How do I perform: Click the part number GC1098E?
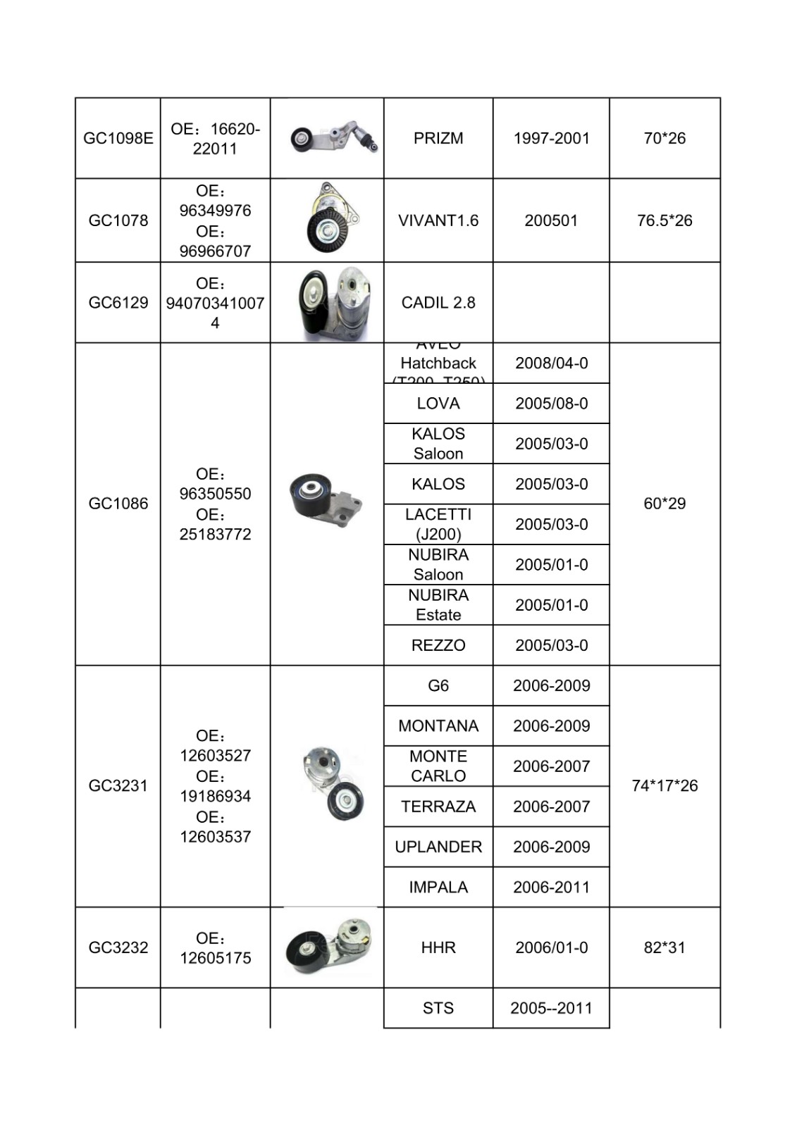(x=118, y=138)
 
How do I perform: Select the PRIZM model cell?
(x=438, y=138)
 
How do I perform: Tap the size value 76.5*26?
(x=664, y=220)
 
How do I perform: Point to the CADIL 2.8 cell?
(x=438, y=303)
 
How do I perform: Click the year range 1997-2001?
(x=551, y=138)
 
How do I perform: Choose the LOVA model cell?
(x=438, y=404)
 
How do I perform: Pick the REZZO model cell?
(x=438, y=645)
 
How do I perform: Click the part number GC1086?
(x=118, y=504)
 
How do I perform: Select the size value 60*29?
(x=664, y=504)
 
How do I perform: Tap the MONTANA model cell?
(x=438, y=726)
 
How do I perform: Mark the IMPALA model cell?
(x=438, y=887)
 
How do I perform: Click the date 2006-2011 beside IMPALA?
(x=551, y=887)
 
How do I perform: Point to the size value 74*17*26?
(x=664, y=785)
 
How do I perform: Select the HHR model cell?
(x=438, y=947)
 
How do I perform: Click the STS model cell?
(x=438, y=1008)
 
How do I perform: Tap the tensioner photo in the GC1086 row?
(x=326, y=503)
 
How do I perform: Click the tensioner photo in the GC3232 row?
(x=329, y=946)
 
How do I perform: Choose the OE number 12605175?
(x=215, y=957)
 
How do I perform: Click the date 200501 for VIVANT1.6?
(x=551, y=220)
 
